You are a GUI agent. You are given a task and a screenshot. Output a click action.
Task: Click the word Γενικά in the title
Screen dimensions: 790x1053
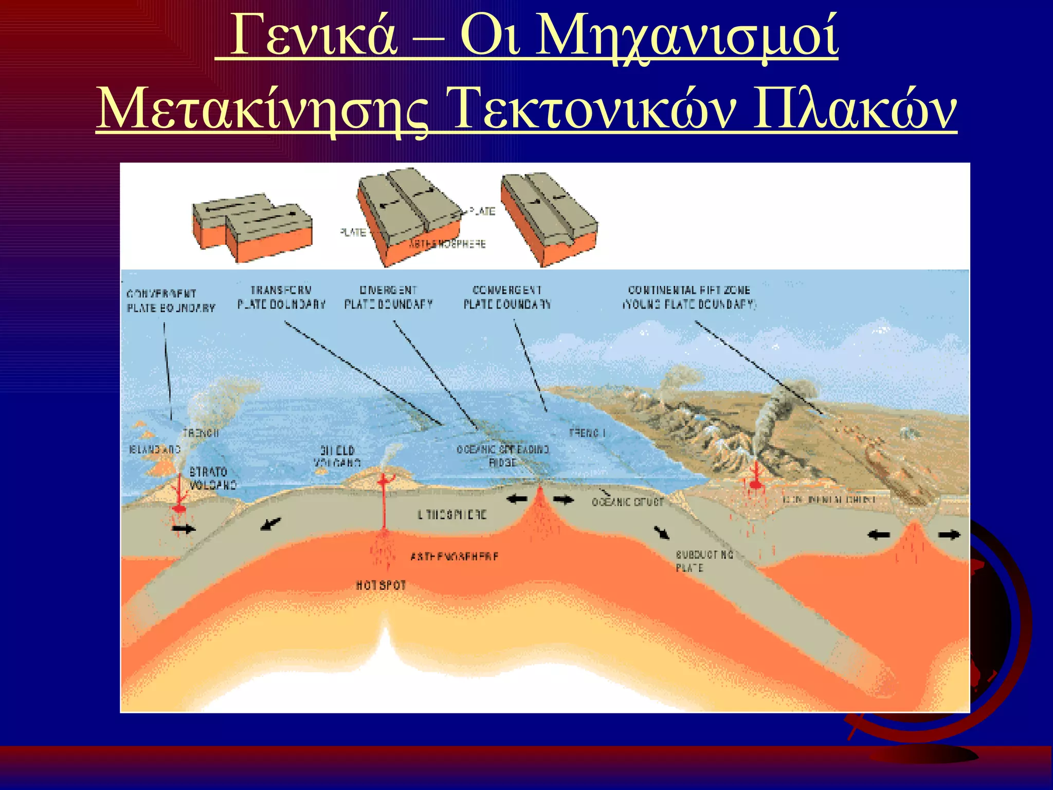[314, 36]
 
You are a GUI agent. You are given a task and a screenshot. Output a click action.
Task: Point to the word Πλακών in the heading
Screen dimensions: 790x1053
[854, 109]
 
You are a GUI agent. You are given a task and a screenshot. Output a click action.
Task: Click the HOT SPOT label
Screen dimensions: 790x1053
[381, 585]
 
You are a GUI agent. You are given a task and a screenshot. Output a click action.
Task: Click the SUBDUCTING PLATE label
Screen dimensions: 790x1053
[703, 561]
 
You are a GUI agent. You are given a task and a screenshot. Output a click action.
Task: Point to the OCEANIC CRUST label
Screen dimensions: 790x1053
[628, 502]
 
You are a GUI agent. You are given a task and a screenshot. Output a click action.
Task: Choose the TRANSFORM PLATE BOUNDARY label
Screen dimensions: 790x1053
[281, 297]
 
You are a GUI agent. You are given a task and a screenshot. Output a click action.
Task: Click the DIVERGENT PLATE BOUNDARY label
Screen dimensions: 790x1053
[389, 297]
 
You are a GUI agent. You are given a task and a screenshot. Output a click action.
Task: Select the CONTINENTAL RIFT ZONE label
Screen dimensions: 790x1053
[689, 297]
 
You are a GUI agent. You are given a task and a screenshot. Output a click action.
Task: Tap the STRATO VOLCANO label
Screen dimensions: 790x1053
[212, 478]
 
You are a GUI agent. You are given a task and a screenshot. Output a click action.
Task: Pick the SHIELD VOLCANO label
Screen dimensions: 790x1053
[337, 456]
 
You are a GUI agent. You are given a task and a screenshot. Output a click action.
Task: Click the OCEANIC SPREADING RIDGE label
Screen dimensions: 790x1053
[503, 456]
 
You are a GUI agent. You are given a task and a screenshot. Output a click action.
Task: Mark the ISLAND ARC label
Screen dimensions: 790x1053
[154, 450]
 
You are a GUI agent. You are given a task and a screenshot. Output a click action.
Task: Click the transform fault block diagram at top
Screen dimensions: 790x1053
[252, 226]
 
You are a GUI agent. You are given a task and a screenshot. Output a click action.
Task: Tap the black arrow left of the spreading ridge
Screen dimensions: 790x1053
[517, 498]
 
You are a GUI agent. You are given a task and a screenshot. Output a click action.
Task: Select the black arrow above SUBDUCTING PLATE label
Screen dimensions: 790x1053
[662, 532]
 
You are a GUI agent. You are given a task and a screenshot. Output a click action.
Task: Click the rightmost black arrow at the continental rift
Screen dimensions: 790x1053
[949, 535]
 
